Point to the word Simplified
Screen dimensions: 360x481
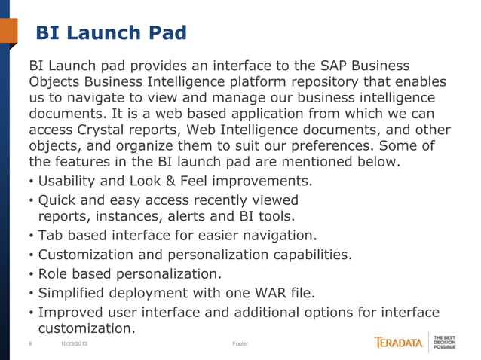[x=76, y=292]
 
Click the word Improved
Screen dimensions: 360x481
[x=74, y=312]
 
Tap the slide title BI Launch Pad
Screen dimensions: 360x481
[x=111, y=33]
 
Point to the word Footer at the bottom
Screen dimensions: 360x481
[x=240, y=344]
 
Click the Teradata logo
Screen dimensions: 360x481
[x=399, y=343]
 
